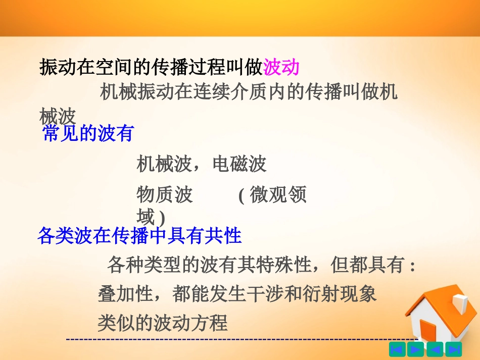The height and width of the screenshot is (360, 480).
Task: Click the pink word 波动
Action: [x=281, y=67]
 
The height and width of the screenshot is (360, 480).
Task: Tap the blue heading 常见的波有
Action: [x=88, y=133]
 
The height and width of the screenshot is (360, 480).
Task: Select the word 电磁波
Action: [x=239, y=164]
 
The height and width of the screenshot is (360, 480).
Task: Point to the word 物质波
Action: [x=165, y=195]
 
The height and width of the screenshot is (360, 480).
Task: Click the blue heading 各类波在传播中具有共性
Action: [x=139, y=235]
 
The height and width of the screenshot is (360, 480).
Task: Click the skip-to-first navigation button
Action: [x=398, y=349]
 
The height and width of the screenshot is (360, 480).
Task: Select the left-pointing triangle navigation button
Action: [x=435, y=349]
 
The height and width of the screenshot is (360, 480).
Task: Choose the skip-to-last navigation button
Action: [x=453, y=349]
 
